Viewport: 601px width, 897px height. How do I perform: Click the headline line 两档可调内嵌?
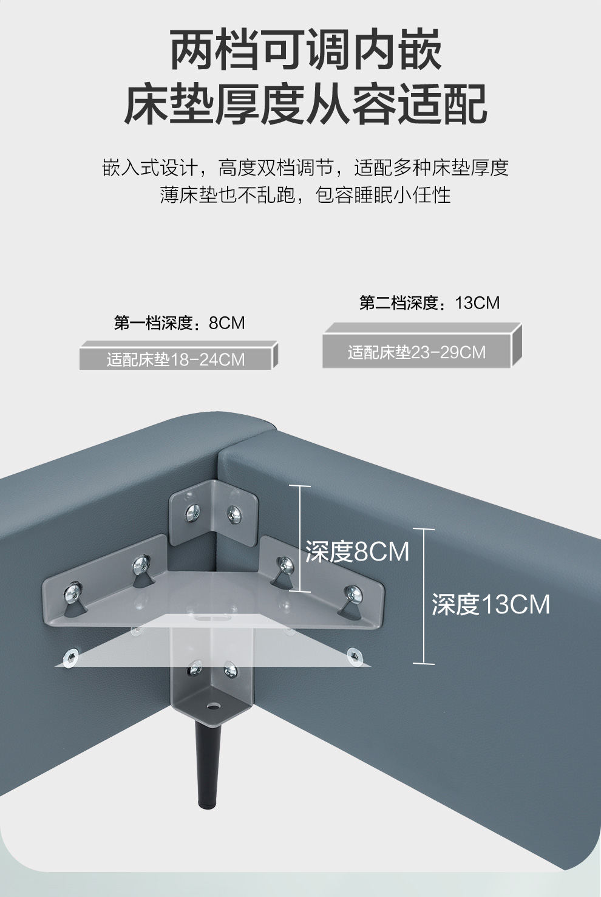pyautogui.click(x=305, y=50)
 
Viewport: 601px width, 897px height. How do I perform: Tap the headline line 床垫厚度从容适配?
pyautogui.click(x=305, y=105)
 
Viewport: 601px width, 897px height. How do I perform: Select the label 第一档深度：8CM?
pyautogui.click(x=179, y=322)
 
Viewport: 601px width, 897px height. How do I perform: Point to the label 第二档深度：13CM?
pyautogui.click(x=429, y=302)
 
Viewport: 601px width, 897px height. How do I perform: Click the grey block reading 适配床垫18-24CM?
pyautogui.click(x=175, y=360)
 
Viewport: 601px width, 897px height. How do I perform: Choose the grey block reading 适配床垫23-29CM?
pyautogui.click(x=416, y=352)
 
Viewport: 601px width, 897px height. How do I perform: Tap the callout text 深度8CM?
pyautogui.click(x=357, y=552)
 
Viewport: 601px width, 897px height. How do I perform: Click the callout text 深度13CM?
pyautogui.click(x=491, y=604)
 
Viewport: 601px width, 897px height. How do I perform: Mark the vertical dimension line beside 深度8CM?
pyautogui.click(x=300, y=538)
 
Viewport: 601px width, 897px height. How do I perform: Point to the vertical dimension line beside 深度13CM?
pyautogui.click(x=424, y=596)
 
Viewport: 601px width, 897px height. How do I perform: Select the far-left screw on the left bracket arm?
pyautogui.click(x=73, y=590)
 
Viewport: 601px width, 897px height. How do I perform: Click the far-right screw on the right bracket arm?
pyautogui.click(x=352, y=594)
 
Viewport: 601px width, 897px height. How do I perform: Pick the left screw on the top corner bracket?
pyautogui.click(x=194, y=512)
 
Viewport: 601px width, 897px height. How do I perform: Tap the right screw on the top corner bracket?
pyautogui.click(x=234, y=514)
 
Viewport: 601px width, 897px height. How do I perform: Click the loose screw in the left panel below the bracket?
pyautogui.click(x=71, y=657)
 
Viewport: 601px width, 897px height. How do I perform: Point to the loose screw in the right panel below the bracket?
pyautogui.click(x=353, y=655)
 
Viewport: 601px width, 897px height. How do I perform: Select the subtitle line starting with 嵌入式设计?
pyautogui.click(x=305, y=168)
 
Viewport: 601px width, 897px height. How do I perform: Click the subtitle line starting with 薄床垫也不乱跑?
pyautogui.click(x=305, y=195)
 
